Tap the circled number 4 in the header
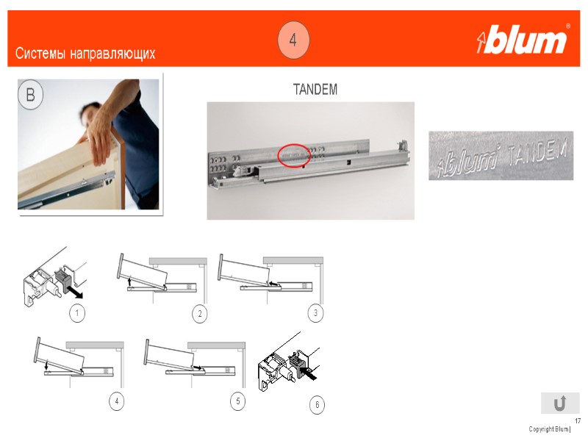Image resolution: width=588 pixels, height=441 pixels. click(293, 40)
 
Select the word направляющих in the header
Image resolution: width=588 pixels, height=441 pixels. click(112, 54)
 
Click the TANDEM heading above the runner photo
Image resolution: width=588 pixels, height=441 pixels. click(315, 90)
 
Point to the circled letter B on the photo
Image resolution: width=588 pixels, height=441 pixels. click(30, 94)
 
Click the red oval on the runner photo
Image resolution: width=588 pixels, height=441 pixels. click(293, 155)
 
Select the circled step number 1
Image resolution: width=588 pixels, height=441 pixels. click(77, 313)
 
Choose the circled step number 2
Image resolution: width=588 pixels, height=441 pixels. click(200, 314)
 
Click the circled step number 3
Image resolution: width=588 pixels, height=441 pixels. click(315, 313)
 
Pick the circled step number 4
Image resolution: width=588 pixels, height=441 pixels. click(117, 401)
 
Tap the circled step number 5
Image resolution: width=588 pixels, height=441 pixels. click(237, 401)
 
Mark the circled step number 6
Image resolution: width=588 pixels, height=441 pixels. click(318, 405)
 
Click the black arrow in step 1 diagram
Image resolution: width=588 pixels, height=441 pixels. click(74, 292)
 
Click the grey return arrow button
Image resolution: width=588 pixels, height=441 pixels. click(560, 403)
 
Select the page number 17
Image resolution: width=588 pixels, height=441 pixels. click(577, 421)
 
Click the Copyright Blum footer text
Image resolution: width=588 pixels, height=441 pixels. click(549, 429)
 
